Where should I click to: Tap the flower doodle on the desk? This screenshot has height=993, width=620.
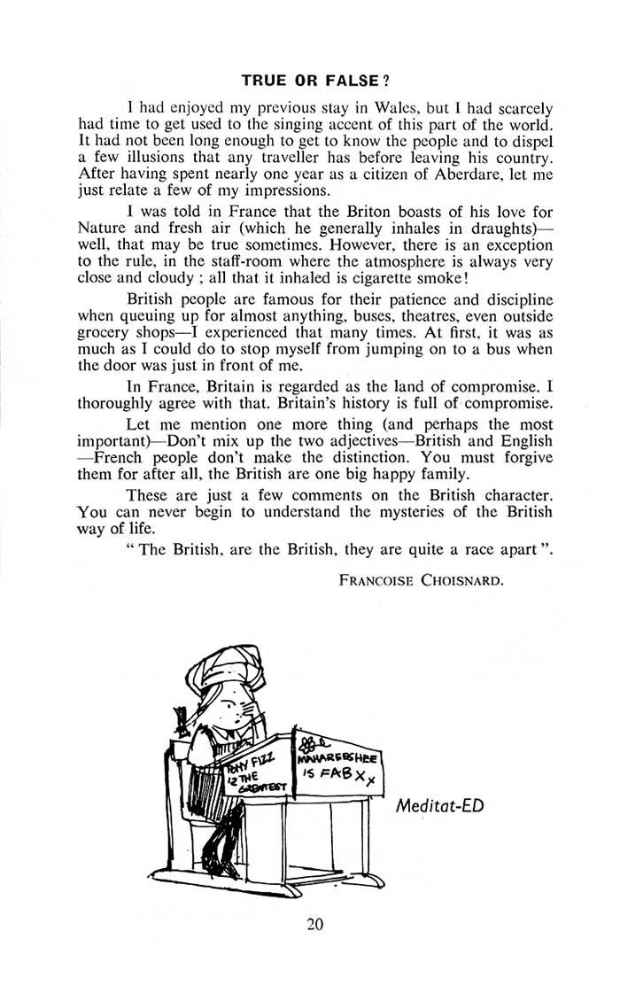[x=311, y=742]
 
